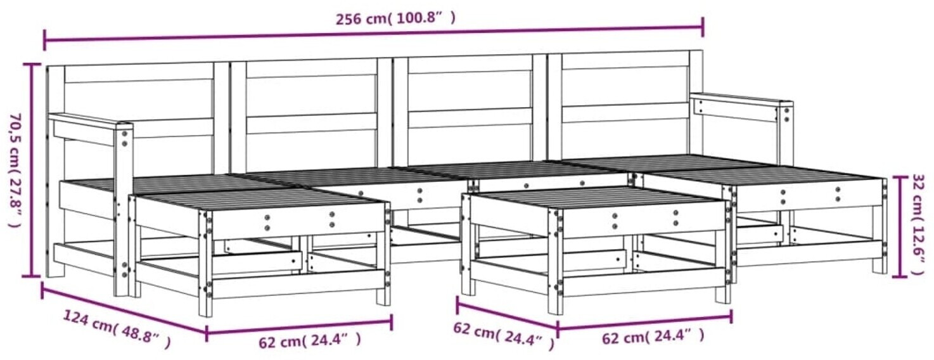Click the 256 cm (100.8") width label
pyautogui.click(x=395, y=19)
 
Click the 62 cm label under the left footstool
pyautogui.click(x=310, y=341)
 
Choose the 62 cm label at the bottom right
pyautogui.click(x=653, y=336)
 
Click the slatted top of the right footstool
pyautogui.click(x=596, y=196)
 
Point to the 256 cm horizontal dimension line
pyautogui.click(x=374, y=34)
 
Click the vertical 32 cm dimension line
pyautogui.click(x=900, y=227)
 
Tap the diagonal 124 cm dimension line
pyautogui.click(x=124, y=311)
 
